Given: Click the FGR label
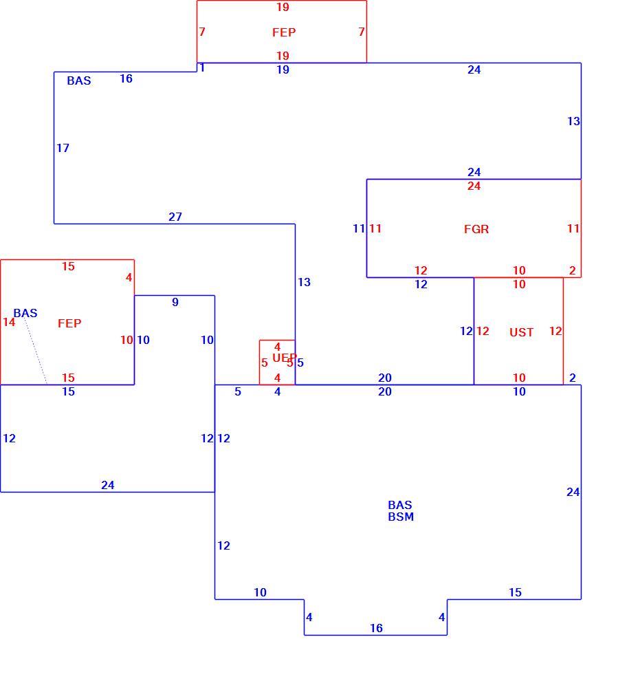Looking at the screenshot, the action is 476,229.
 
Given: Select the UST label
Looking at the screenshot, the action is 521,332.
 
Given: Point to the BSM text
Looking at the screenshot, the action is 401,517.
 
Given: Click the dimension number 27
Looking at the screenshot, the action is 175,216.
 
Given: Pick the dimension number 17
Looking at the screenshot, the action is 63,148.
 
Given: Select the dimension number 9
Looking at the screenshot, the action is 175,302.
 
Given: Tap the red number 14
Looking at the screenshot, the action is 9,322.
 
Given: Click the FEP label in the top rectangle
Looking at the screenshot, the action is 284,32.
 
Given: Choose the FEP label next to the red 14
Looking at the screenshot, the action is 69,323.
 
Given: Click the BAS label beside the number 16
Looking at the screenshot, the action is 79,80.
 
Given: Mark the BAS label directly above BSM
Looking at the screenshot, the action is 400,505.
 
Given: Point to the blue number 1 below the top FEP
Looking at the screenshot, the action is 202,67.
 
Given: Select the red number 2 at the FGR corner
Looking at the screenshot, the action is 572,270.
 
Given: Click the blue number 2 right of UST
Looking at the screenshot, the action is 572,378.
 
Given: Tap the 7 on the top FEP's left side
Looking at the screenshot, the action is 202,32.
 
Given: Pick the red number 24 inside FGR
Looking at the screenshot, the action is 474,186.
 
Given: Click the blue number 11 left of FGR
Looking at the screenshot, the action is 359,228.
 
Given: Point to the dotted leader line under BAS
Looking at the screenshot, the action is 36,351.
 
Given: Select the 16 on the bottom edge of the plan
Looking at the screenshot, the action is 376,628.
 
